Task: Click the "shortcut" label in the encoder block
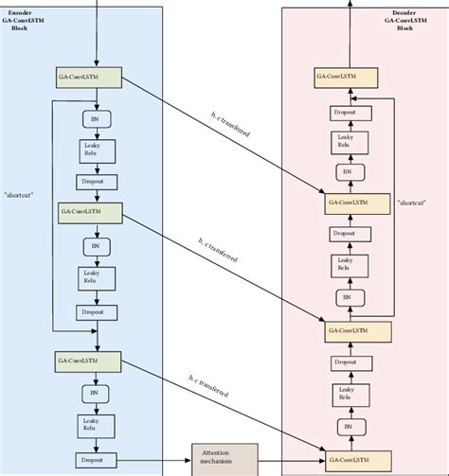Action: pyautogui.click(x=19, y=195)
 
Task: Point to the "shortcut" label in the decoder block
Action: pyautogui.click(x=412, y=202)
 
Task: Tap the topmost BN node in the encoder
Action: pyautogui.click(x=93, y=119)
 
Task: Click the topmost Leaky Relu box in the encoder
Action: pyautogui.click(x=93, y=150)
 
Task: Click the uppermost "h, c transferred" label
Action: pyautogui.click(x=231, y=126)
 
